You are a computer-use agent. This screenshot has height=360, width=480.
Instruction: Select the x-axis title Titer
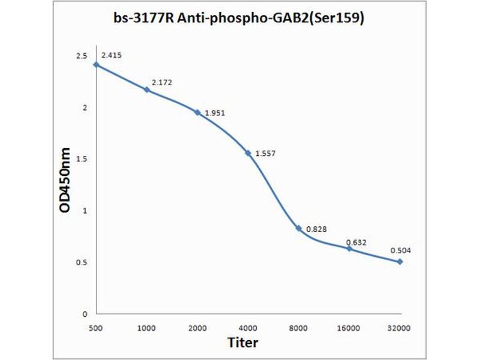[x=243, y=343]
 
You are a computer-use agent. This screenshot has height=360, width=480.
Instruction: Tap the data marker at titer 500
[x=96, y=64]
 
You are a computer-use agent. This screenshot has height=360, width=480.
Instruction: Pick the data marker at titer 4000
[x=248, y=153]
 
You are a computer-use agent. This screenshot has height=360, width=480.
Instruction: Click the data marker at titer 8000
[x=298, y=228]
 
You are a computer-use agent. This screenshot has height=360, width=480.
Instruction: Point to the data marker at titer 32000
[x=400, y=262]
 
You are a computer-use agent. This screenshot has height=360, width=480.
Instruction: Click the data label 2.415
[x=112, y=56]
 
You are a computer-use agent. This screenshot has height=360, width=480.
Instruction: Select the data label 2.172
[x=162, y=82]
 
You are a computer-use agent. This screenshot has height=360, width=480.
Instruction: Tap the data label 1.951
[x=215, y=113]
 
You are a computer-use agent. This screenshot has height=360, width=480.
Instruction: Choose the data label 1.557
[x=265, y=154]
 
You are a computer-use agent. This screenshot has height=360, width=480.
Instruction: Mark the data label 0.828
[x=316, y=229]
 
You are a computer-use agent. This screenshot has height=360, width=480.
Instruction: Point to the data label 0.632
[x=356, y=242]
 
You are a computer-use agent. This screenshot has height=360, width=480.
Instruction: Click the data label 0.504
[x=400, y=250]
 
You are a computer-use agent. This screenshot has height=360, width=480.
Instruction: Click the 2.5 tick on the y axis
[x=81, y=56]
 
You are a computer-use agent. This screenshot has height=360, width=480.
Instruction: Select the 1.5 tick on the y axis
[x=81, y=159]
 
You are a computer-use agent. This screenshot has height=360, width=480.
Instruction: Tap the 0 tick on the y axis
[x=85, y=314]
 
